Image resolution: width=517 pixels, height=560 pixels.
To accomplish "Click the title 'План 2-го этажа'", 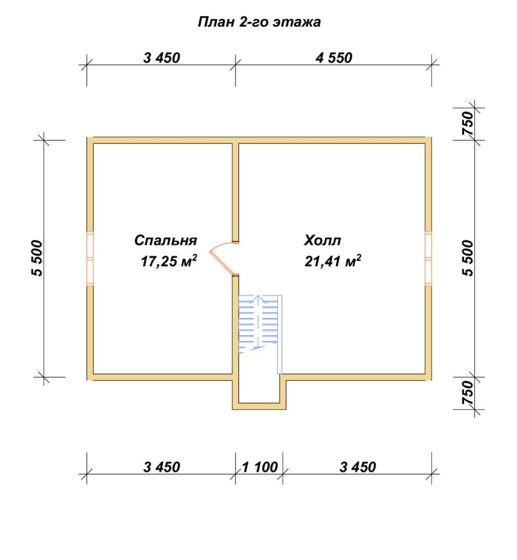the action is point(259,22).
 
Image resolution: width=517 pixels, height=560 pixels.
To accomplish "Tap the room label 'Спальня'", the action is point(165,240).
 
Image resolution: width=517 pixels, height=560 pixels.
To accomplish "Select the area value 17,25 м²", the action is point(169,261).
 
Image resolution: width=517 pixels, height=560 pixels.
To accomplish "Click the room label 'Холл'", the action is point(322,240).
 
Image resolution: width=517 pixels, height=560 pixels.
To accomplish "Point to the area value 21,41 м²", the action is point(333,261).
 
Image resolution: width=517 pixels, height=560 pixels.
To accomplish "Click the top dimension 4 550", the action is point(334,58).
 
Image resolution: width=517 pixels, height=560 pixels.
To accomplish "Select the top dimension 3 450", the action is point(161,58).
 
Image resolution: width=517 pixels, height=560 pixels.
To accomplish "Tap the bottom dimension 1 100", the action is point(260,467).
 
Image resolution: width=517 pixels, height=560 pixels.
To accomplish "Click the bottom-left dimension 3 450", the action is point(161,467).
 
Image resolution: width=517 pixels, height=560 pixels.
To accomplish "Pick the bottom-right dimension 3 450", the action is point(358,467).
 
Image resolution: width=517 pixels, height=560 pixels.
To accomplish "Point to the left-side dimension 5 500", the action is point(37,258).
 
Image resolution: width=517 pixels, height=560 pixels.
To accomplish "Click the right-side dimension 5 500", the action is point(468,258).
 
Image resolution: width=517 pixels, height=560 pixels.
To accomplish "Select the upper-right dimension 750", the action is point(468,123).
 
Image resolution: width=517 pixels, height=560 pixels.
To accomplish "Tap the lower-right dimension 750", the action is point(468,393).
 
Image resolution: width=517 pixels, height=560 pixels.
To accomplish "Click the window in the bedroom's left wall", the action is point(90,258).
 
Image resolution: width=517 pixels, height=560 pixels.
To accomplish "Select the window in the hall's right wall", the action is point(428,258).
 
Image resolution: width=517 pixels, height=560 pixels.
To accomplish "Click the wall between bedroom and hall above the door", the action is point(236,193).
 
